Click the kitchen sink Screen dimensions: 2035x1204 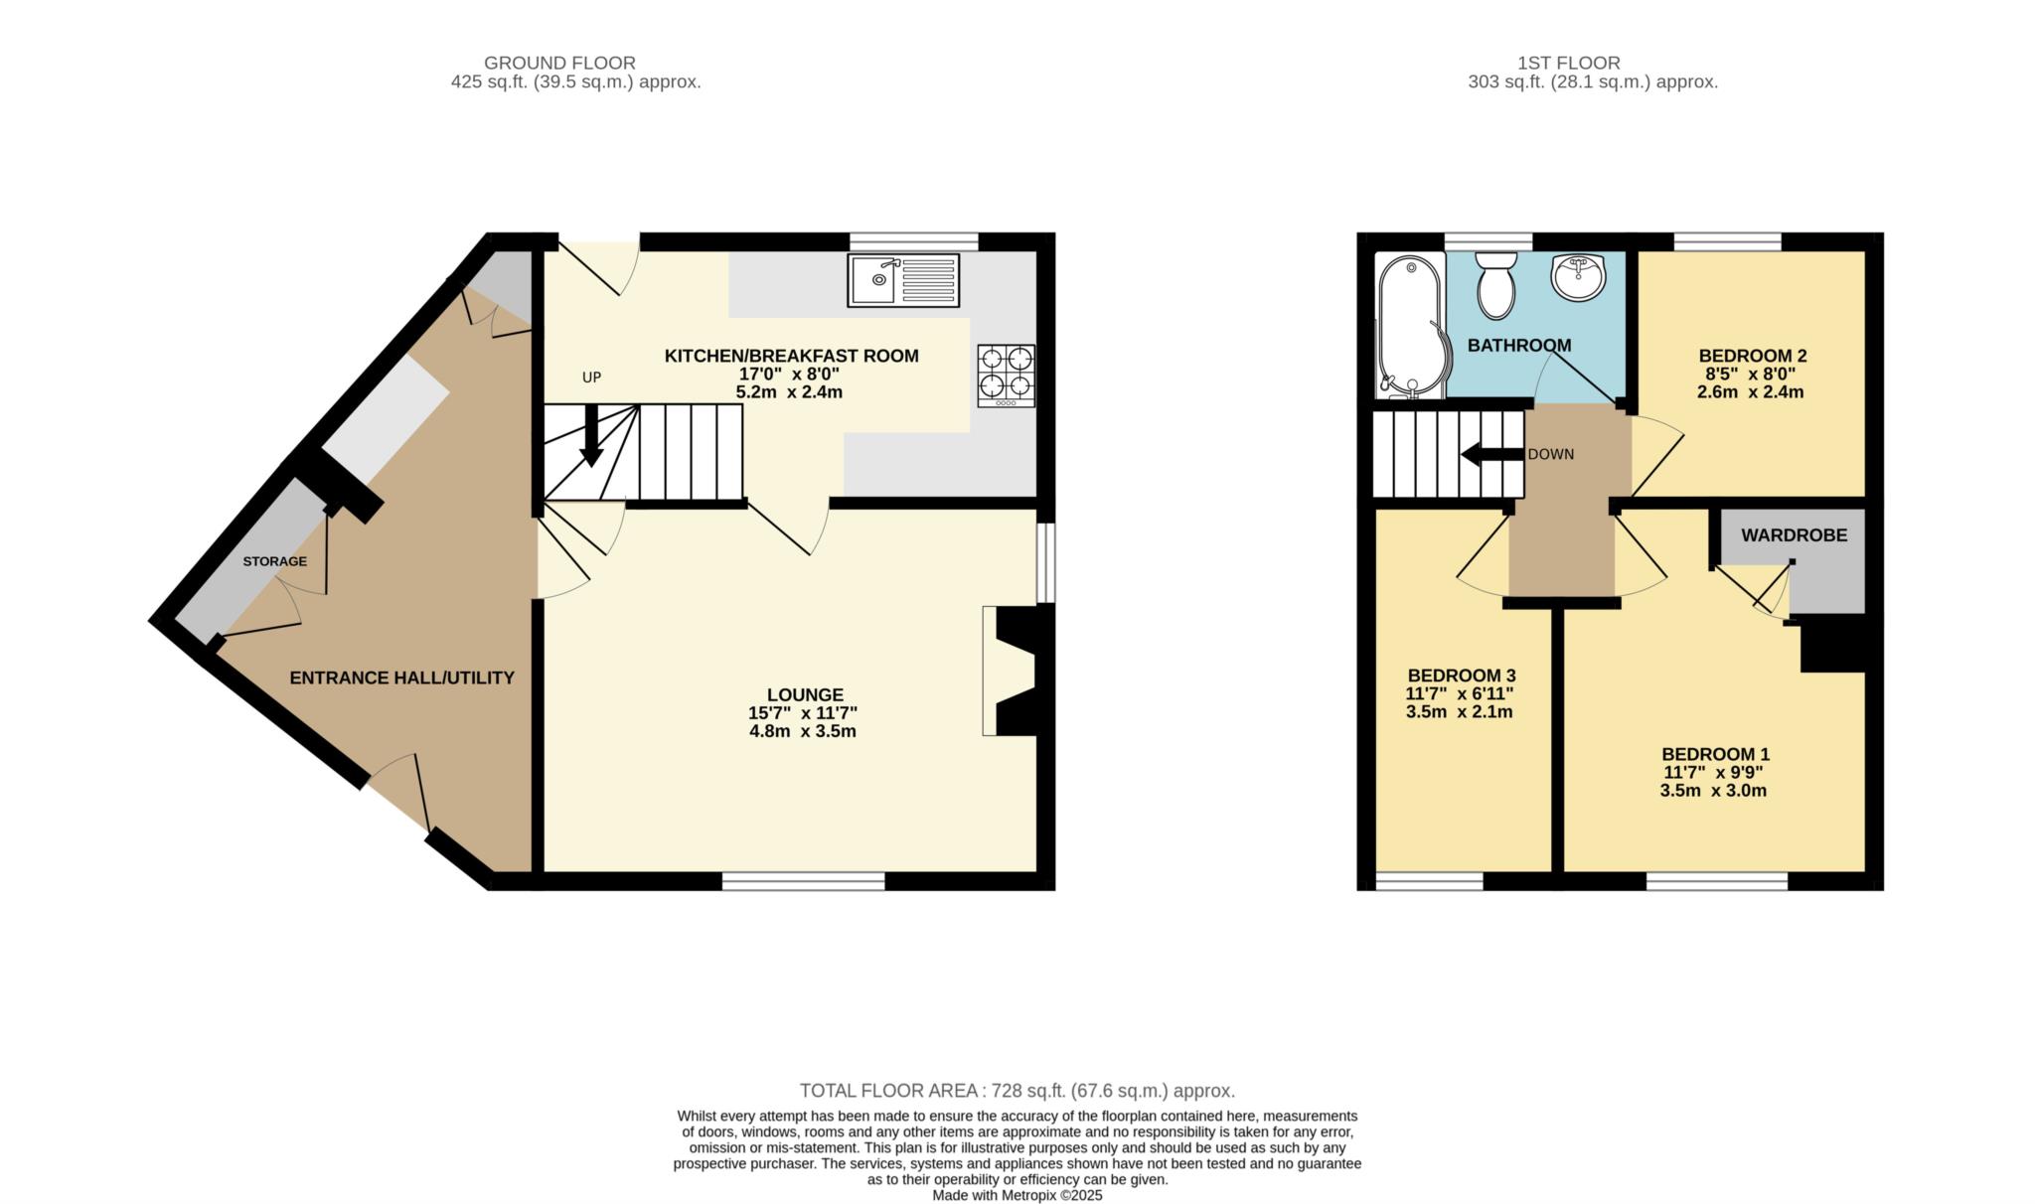click(x=904, y=280)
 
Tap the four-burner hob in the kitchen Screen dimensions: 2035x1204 click(x=1007, y=376)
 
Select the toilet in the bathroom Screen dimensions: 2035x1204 click(x=1495, y=283)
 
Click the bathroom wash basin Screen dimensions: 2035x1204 click(x=1578, y=277)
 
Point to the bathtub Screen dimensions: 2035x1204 click(x=1410, y=326)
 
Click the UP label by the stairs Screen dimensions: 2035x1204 click(x=592, y=377)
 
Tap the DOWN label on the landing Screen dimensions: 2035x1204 click(x=1551, y=455)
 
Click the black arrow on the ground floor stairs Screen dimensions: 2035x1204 click(x=591, y=436)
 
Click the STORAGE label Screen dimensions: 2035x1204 click(x=275, y=561)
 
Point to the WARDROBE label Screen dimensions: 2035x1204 click(x=1795, y=535)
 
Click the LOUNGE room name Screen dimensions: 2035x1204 click(x=805, y=695)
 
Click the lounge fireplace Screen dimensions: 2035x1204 click(x=1011, y=671)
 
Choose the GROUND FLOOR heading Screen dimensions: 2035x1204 click(x=559, y=64)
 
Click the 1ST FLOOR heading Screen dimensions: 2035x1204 click(x=1569, y=64)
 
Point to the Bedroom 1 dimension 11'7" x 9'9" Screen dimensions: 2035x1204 click(x=1714, y=773)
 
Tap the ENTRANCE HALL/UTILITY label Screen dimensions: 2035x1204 click(x=402, y=677)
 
